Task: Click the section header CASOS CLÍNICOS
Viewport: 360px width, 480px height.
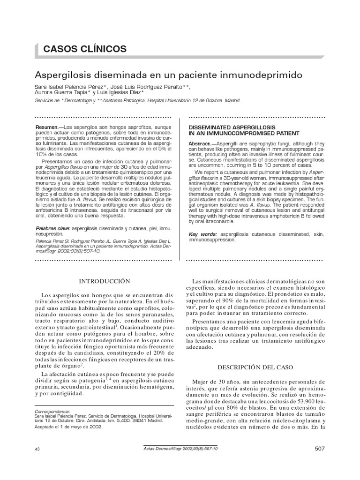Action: click(85, 48)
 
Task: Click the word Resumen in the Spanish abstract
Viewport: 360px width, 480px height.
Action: click(47, 127)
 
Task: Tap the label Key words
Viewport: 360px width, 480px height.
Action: click(202, 234)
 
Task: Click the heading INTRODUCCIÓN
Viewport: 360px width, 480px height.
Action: click(104, 281)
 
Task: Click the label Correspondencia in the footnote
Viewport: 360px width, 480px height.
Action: click(52, 411)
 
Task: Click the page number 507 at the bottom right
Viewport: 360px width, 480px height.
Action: click(319, 449)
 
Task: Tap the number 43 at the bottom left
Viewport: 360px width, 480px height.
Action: click(38, 449)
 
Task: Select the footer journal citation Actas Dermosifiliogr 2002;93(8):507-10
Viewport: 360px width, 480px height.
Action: click(180, 449)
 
